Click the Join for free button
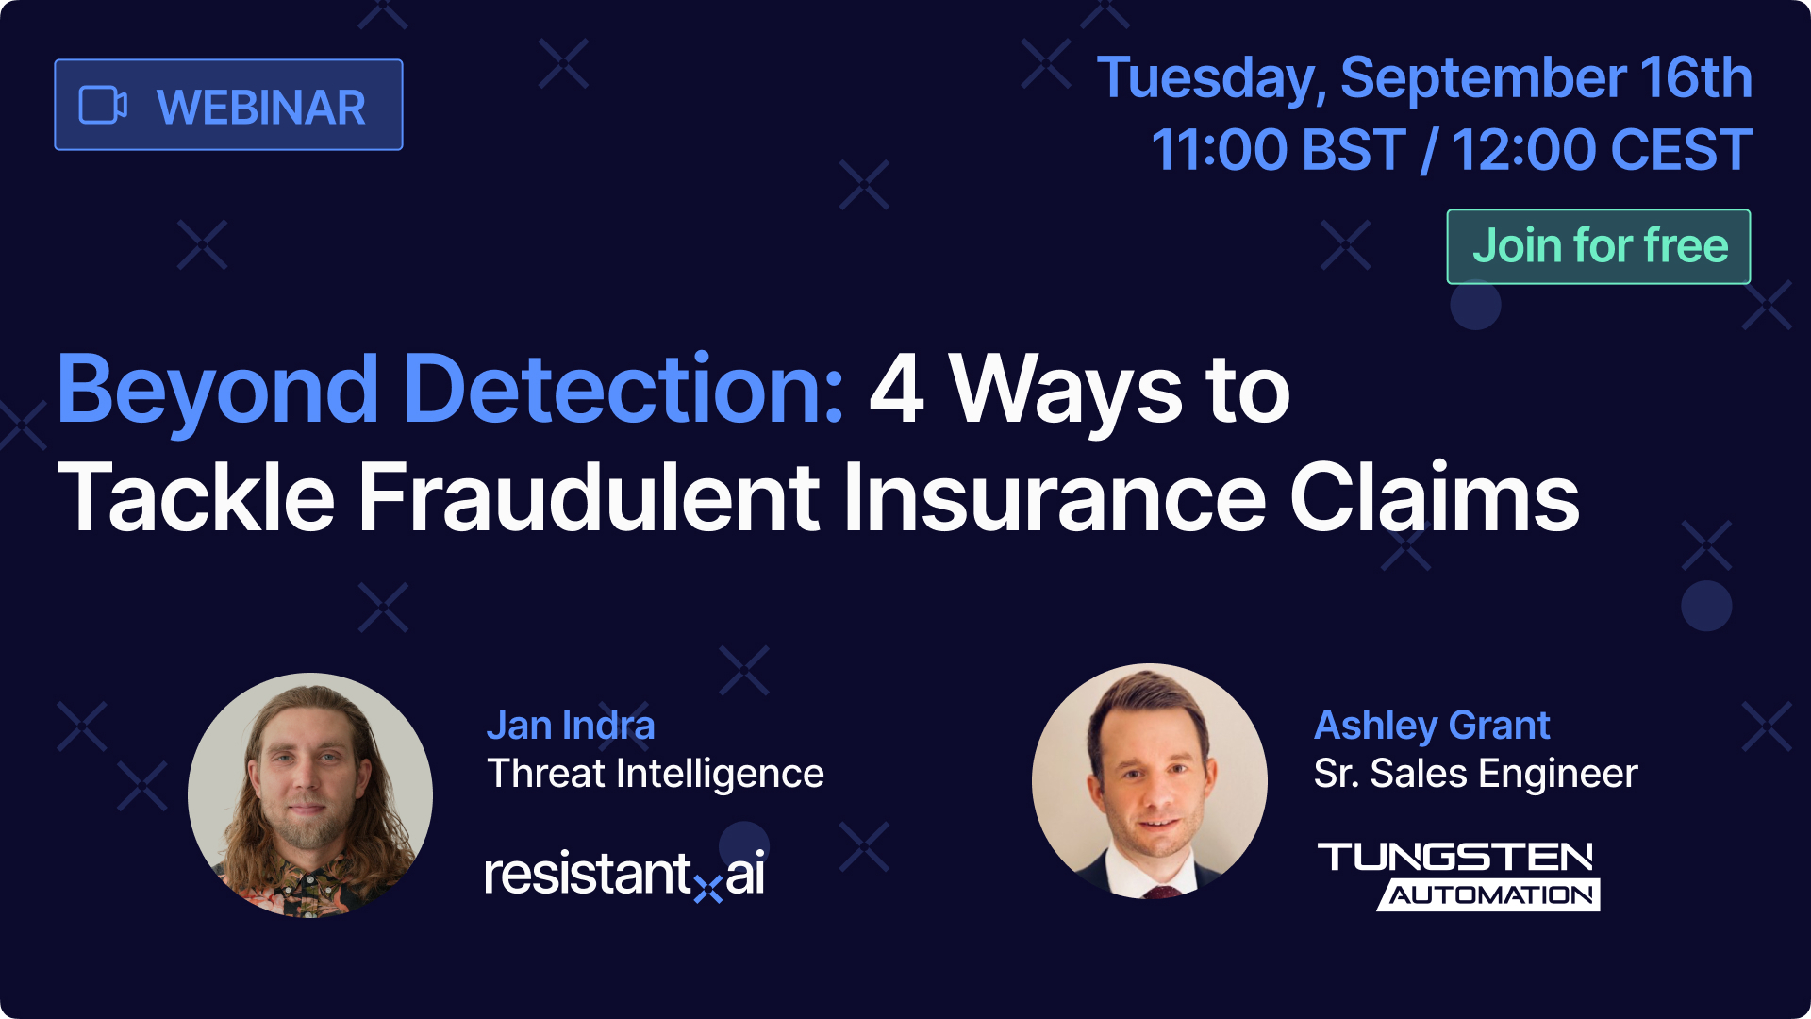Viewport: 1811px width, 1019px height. point(1599,246)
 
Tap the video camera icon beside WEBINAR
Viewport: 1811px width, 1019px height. point(103,105)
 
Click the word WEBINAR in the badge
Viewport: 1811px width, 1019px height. point(261,107)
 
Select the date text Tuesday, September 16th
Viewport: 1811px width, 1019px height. point(1424,77)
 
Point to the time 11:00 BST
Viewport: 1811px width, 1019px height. point(1279,150)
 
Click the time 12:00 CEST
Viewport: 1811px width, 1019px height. point(1602,150)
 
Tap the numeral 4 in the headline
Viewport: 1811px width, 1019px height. point(896,389)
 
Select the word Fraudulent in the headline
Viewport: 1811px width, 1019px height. point(590,497)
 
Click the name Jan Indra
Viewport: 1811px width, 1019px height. point(571,726)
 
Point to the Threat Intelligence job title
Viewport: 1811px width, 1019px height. point(656,774)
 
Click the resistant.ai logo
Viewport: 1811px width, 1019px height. point(624,875)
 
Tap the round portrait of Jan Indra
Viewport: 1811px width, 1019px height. point(310,794)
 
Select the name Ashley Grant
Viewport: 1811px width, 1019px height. point(1432,726)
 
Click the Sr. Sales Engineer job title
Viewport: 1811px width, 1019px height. point(1475,774)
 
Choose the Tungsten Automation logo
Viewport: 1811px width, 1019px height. point(1458,877)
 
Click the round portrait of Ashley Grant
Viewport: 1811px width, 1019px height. point(1150,780)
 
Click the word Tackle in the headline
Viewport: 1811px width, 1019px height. point(196,497)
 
